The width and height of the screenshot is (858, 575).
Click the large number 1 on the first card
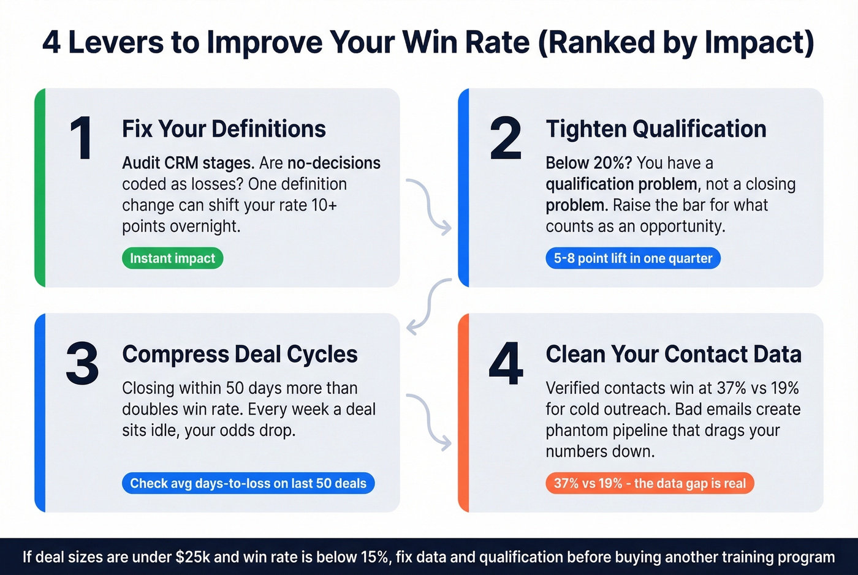pyautogui.click(x=81, y=138)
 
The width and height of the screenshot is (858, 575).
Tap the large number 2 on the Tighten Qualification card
pyautogui.click(x=506, y=138)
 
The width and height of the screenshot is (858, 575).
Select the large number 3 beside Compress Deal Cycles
pyautogui.click(x=82, y=364)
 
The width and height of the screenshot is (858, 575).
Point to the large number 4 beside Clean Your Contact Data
pyautogui.click(x=506, y=364)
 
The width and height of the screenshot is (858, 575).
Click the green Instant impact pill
pyautogui.click(x=172, y=258)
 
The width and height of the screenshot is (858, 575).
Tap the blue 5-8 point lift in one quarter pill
pyautogui.click(x=633, y=258)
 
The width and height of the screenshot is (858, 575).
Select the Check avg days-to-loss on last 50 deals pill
pyautogui.click(x=248, y=483)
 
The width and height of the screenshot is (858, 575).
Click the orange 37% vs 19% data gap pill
pyautogui.click(x=650, y=483)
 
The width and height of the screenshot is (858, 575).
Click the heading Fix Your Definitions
pyautogui.click(x=224, y=129)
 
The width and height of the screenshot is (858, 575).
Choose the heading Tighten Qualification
pyautogui.click(x=656, y=129)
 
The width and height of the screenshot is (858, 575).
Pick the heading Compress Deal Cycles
pyautogui.click(x=240, y=354)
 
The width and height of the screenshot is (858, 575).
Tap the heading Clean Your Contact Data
pyautogui.click(x=674, y=354)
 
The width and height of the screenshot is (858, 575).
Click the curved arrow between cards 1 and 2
pyautogui.click(x=430, y=206)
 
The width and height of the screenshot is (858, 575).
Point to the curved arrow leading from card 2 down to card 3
pyautogui.click(x=429, y=305)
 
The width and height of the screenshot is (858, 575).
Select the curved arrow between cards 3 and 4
pyautogui.click(x=430, y=421)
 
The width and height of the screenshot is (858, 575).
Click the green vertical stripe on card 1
pyautogui.click(x=40, y=187)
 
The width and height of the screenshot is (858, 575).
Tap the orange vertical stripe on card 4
pyautogui.click(x=464, y=412)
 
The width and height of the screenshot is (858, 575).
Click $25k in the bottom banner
pyautogui.click(x=192, y=557)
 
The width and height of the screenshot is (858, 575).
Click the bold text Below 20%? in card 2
pyautogui.click(x=589, y=163)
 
